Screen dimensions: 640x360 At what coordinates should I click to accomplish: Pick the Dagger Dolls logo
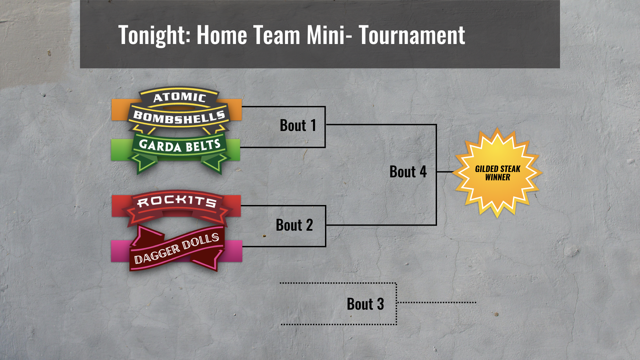[177, 248]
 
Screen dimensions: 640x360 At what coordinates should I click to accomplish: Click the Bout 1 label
[298, 126]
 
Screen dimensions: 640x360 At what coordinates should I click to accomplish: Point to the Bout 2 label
[294, 225]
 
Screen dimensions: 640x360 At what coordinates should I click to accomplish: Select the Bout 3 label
[365, 304]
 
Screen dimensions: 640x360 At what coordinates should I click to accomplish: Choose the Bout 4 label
[408, 172]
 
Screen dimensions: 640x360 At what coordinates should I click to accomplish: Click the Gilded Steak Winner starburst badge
[497, 173]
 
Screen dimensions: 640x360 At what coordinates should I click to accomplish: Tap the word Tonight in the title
[154, 35]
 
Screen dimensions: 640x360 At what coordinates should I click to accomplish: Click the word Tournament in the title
[412, 35]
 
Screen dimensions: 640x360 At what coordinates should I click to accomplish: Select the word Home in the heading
[222, 35]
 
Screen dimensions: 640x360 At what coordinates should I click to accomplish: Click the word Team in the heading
[277, 35]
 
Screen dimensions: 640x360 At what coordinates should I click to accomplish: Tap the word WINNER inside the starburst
[498, 177]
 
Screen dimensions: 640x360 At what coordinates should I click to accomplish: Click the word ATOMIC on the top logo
[180, 97]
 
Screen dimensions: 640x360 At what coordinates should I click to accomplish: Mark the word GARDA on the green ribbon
[160, 146]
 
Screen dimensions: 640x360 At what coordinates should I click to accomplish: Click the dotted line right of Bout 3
[437, 303]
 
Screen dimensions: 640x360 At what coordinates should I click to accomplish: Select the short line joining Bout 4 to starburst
[445, 172]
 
